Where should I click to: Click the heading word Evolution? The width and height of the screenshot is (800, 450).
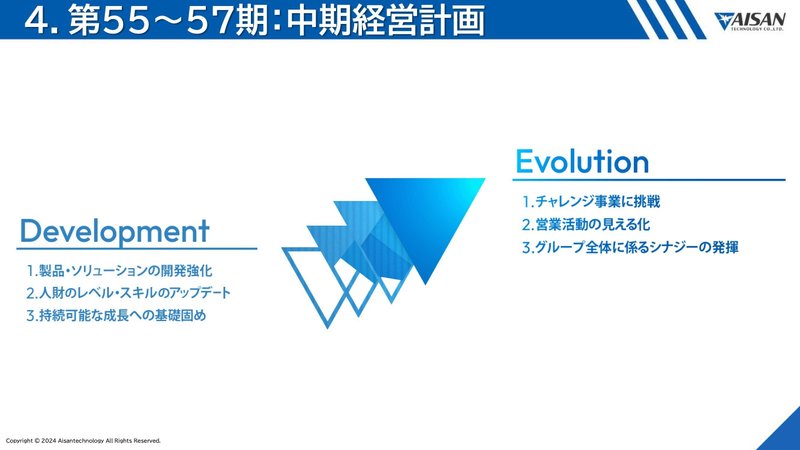click(582, 161)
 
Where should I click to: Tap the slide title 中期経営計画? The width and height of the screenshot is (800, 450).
click(399, 21)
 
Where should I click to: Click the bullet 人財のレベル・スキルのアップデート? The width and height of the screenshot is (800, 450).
click(128, 293)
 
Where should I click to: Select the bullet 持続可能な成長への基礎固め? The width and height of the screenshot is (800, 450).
click(122, 315)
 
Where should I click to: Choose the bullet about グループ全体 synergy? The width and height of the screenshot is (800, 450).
click(630, 246)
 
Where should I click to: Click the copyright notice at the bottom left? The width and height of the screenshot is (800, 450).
click(83, 440)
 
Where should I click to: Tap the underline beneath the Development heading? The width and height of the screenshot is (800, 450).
click(138, 249)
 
